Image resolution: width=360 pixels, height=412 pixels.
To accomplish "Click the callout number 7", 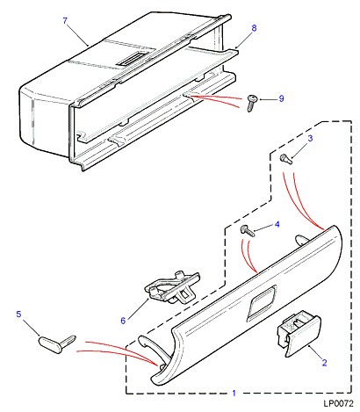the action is pos(65,21).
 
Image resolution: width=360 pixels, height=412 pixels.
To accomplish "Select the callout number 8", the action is pos(254,28).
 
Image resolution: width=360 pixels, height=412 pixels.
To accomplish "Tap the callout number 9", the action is pos(281,98).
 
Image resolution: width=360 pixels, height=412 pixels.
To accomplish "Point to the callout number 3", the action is pos(310,138).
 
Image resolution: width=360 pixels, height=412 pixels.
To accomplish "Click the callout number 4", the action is pos(277,224).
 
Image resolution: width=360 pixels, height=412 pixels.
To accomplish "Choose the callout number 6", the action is pos(123,321).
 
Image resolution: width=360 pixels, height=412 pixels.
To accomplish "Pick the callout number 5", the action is pos(18,314).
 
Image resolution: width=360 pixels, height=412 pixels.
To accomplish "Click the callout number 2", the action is pos(324,363).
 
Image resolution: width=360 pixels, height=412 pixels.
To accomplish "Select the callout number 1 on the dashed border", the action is pos(234,393).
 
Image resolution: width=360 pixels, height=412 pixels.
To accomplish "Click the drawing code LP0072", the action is pos(338,404).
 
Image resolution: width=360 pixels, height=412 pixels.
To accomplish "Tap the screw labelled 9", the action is pos(251,103).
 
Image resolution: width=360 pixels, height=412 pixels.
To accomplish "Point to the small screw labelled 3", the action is pos(286,159).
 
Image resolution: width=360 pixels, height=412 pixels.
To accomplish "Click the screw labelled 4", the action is pos(248,231).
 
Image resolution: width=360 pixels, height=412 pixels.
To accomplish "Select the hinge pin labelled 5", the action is pos(57,343).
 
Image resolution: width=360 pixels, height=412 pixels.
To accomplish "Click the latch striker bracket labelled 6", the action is pos(173,288).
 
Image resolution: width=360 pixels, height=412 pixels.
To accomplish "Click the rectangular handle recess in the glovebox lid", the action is pos(262,303).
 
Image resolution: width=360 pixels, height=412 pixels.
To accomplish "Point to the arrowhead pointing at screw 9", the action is pos(258,99).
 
